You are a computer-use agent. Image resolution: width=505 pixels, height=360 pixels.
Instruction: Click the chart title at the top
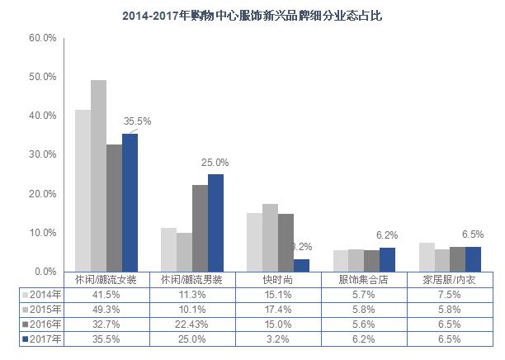click(252, 15)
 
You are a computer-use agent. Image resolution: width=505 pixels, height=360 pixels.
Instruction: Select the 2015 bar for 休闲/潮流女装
click(98, 175)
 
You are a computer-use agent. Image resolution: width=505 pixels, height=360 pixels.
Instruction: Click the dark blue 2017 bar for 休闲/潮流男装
click(215, 222)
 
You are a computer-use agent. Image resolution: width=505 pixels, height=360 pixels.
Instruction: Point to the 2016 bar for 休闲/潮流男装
click(200, 228)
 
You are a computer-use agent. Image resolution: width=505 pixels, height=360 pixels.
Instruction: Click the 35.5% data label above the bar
click(137, 121)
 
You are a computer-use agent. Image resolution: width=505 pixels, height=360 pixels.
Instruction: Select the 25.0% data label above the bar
click(215, 163)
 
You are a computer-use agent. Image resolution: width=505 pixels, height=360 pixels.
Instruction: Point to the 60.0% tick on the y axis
click(42, 38)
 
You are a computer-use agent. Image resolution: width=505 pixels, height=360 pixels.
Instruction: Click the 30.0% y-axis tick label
click(42, 154)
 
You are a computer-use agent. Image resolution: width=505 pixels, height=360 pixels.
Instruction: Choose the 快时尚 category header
click(279, 280)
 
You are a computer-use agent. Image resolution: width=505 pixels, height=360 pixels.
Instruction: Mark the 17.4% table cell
click(279, 309)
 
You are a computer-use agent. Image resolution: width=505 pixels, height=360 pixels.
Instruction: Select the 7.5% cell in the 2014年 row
click(450, 294)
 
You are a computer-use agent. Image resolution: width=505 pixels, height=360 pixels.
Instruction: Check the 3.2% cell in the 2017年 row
click(279, 339)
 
